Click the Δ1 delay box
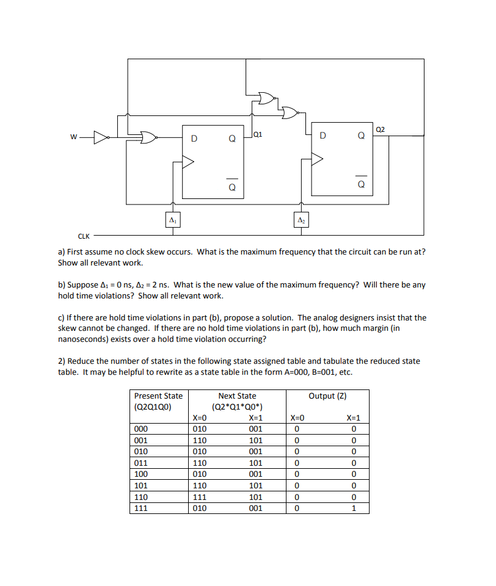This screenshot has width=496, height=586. coord(173,219)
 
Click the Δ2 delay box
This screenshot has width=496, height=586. coord(301,219)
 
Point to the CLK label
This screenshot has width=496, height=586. coord(84,236)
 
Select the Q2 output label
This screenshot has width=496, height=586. coord(381,129)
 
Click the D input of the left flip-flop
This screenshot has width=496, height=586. coord(194,138)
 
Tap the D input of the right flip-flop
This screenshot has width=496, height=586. coord(323,135)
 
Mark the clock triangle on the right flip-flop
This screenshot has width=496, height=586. coord(317,159)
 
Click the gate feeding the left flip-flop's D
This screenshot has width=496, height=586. coord(147,137)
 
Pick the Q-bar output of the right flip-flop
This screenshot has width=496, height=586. coord(361,183)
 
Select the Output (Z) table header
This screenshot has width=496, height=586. coord(327,396)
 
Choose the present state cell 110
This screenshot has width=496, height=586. coord(141,497)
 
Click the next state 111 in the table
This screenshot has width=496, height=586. coord(200,497)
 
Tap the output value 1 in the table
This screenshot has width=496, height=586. coord(353,508)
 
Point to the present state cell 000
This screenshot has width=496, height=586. coord(141,429)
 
